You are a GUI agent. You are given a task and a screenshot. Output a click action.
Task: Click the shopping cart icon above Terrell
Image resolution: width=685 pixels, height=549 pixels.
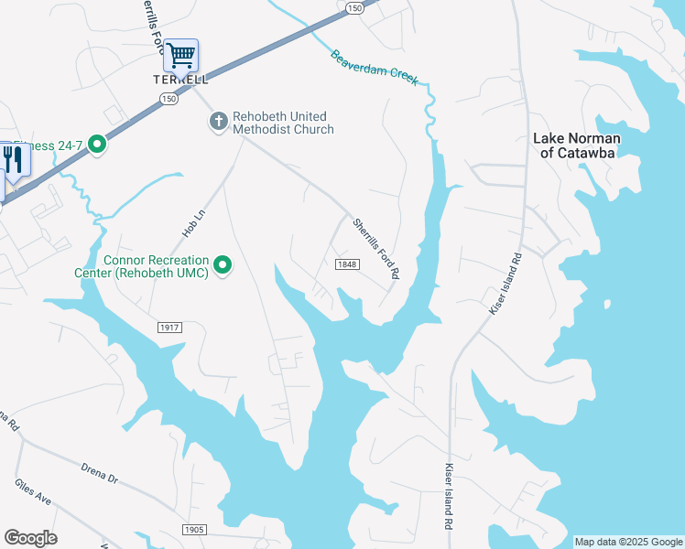click(x=181, y=56)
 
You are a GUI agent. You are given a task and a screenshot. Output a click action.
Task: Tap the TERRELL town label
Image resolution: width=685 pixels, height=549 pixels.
click(x=179, y=80)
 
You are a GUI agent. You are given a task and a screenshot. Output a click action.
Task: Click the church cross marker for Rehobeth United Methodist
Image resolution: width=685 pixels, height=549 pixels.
click(x=218, y=121)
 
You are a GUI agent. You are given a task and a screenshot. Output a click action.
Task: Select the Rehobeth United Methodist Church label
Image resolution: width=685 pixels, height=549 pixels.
click(x=283, y=123)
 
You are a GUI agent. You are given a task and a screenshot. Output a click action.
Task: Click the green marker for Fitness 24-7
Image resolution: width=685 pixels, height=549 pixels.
click(x=94, y=144)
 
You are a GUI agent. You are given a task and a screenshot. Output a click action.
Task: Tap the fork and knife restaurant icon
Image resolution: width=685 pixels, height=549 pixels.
click(x=13, y=159)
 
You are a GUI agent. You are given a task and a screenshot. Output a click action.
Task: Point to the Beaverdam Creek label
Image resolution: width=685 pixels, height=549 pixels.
click(x=375, y=67)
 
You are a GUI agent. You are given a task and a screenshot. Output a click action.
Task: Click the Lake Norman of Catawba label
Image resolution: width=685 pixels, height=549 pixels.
click(x=577, y=145)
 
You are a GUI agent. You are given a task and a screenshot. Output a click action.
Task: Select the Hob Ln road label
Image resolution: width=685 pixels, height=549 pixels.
click(x=191, y=222)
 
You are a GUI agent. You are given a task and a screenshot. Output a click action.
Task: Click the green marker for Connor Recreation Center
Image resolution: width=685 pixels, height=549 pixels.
click(x=223, y=266)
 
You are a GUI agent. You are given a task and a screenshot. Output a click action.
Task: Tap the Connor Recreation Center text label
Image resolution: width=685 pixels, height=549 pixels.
click(x=156, y=266)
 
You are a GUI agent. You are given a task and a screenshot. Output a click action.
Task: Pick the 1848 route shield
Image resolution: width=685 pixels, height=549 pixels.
click(x=346, y=264)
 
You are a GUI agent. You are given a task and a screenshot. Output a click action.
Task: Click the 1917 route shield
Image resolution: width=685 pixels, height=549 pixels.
click(x=169, y=327)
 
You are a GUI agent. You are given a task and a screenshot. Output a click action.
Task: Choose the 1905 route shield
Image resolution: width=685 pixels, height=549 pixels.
click(x=194, y=530)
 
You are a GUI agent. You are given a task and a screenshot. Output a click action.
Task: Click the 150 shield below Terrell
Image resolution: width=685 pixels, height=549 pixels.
click(x=168, y=98)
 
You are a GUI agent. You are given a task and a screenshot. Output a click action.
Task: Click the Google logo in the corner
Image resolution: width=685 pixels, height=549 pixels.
click(x=30, y=538)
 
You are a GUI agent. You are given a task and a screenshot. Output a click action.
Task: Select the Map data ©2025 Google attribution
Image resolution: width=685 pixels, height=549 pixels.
click(x=628, y=542)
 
